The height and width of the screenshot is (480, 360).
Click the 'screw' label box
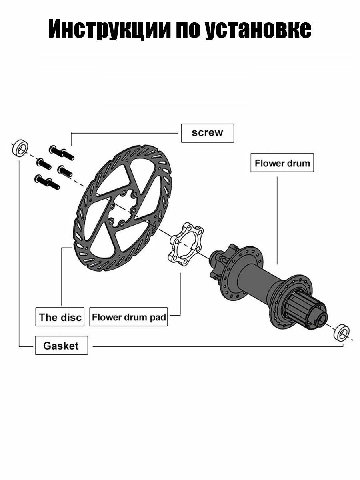click(x=207, y=133)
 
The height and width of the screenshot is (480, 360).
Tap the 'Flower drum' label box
click(x=282, y=162)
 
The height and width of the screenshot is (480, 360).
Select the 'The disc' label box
click(x=60, y=317)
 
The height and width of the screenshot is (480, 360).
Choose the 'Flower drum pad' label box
click(x=128, y=317)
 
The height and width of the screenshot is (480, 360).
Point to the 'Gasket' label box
click(x=62, y=345)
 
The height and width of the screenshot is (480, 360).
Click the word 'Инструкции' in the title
click(x=109, y=29)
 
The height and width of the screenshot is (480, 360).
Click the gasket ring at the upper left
click(x=20, y=148)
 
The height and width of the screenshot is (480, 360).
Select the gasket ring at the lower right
click(x=342, y=333)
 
